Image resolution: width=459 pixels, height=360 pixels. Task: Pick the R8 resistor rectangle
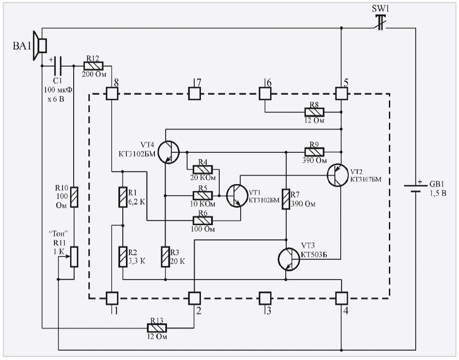[x=315, y=112]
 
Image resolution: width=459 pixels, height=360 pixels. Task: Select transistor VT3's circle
[x=288, y=259]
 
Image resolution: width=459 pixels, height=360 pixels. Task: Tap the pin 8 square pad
[x=111, y=93]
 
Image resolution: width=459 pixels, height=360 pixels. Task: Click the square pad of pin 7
[x=194, y=93]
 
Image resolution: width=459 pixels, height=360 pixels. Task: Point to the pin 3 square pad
[x=265, y=297]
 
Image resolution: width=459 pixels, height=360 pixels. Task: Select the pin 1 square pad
[x=111, y=297]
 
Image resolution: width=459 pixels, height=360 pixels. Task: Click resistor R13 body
[x=158, y=328]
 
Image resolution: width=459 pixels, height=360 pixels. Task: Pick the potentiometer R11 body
[x=74, y=257]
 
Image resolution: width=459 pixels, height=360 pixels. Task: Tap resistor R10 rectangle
[x=74, y=197]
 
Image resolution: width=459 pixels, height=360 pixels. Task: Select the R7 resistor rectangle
[x=285, y=199]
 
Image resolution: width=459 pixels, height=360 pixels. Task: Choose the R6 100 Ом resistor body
[x=202, y=220]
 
